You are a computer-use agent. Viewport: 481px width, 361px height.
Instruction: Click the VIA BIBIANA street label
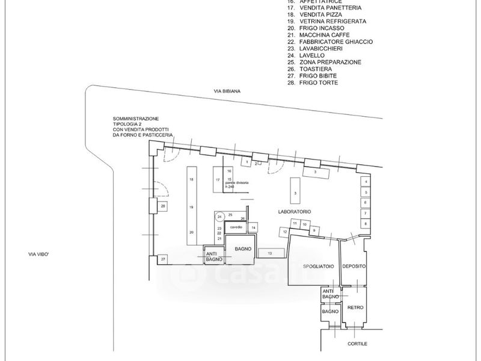[228, 91]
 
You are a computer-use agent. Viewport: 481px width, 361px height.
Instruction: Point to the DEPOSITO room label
[354, 265]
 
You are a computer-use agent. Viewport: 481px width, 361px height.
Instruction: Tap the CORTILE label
[357, 344]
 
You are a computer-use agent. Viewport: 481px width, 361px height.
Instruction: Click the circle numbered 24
[220, 217]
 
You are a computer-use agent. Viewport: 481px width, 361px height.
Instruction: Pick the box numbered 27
[162, 259]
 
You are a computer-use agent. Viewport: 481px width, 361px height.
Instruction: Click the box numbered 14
[254, 228]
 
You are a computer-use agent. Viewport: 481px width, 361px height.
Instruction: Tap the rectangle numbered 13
[270, 253]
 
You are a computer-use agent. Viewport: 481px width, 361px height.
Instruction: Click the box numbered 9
[313, 230]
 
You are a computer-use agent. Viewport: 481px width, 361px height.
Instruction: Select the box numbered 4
[364, 182]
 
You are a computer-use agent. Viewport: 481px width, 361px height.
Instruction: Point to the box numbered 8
[364, 224]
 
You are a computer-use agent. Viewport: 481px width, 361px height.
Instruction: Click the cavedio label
[236, 227]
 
